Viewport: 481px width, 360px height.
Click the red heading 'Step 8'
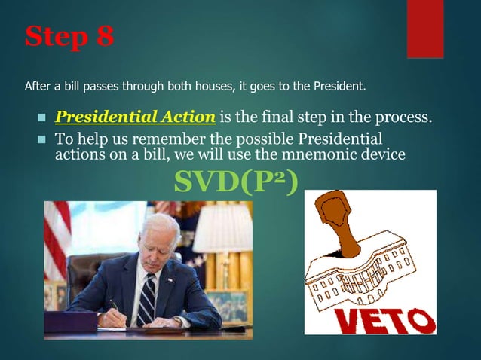click(69, 37)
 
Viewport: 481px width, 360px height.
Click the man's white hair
click(161, 227)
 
